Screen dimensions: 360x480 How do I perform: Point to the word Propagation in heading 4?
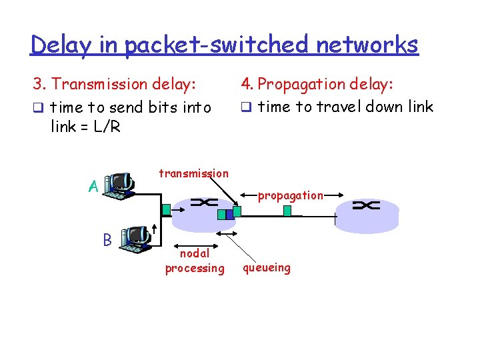click(x=307, y=84)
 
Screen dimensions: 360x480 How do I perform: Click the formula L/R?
click(x=105, y=126)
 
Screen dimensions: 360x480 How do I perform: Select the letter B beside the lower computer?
click(x=107, y=238)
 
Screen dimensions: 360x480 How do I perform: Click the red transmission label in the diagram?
click(x=193, y=173)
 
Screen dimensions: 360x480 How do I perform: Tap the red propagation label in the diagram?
click(x=291, y=196)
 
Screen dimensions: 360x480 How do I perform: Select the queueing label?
click(x=266, y=268)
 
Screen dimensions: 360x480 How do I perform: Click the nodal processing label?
click(x=195, y=261)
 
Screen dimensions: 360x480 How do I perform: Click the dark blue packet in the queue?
click(x=229, y=214)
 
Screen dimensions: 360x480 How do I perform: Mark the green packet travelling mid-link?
click(x=287, y=211)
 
